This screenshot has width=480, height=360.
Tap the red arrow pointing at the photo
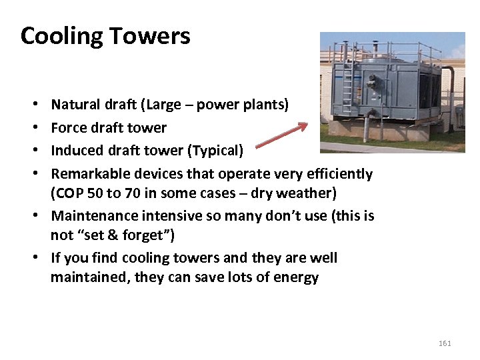[x=281, y=135]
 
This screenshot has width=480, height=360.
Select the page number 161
[x=445, y=343]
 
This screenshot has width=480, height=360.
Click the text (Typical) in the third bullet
[x=216, y=151]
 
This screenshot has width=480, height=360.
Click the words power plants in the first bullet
[x=247, y=105]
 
